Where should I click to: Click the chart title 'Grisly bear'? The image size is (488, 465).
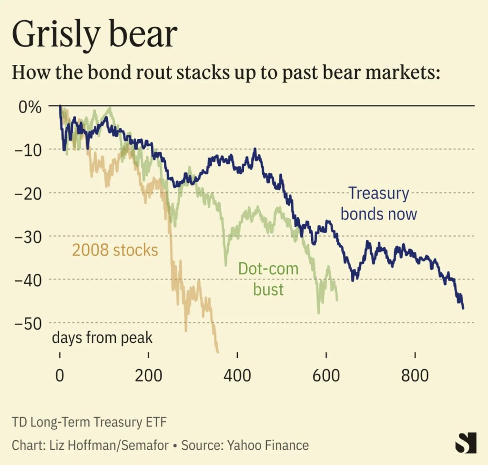(x=94, y=34)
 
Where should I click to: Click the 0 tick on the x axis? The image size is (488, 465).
(x=60, y=375)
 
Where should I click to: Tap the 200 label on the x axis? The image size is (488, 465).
(x=149, y=375)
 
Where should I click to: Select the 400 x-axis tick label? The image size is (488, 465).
(x=237, y=375)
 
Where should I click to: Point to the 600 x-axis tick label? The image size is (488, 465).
(x=326, y=375)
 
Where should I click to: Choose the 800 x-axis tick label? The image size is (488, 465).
(x=415, y=375)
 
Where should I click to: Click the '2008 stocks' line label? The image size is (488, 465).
(x=115, y=249)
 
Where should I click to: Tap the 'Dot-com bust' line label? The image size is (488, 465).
(x=268, y=279)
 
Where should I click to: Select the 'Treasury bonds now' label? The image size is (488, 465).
(x=379, y=204)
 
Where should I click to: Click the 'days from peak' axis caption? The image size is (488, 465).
(x=102, y=338)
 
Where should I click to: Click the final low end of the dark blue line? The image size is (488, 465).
(x=463, y=308)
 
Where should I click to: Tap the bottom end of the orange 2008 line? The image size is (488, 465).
(x=218, y=352)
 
